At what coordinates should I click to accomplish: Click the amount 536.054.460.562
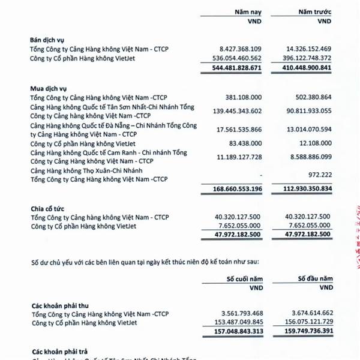pyautogui.click(x=229, y=58)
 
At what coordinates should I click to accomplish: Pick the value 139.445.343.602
pyautogui.click(x=229, y=110)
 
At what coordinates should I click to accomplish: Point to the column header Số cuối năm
pyautogui.click(x=245, y=279)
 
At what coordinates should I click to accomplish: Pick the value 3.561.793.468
pyautogui.click(x=233, y=313)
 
